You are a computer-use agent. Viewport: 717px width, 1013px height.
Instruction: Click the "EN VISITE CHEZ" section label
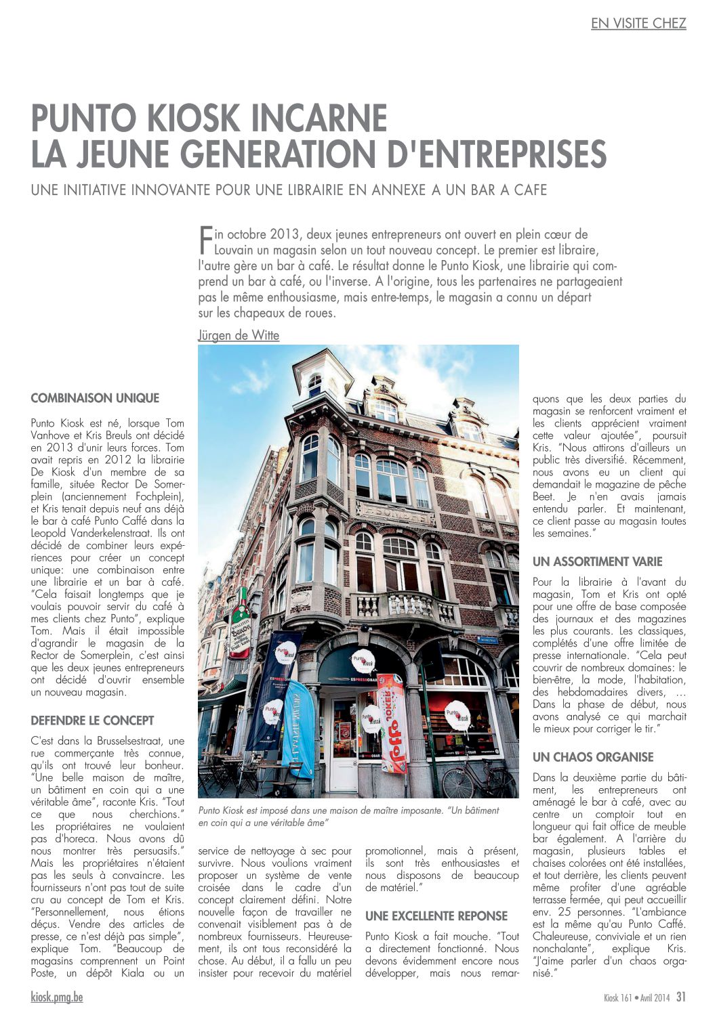pyautogui.click(x=638, y=24)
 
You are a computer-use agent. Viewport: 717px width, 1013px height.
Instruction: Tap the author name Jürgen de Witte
pyautogui.click(x=239, y=335)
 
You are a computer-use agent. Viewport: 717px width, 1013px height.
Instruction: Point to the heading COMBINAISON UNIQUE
pyautogui.click(x=95, y=398)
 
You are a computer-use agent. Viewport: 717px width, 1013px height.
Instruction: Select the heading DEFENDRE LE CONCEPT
pyautogui.click(x=92, y=720)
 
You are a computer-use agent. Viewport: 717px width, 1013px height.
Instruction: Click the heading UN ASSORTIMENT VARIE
pyautogui.click(x=597, y=561)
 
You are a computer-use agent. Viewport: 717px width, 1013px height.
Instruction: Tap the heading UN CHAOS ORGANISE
pyautogui.click(x=593, y=757)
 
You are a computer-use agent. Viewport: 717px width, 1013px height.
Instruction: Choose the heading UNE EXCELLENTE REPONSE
pyautogui.click(x=436, y=916)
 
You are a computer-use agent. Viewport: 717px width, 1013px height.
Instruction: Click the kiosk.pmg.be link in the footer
pyautogui.click(x=57, y=997)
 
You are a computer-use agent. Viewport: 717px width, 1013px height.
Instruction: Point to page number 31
pyautogui.click(x=680, y=997)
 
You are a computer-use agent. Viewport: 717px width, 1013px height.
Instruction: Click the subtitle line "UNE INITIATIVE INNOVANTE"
pyautogui.click(x=289, y=190)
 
